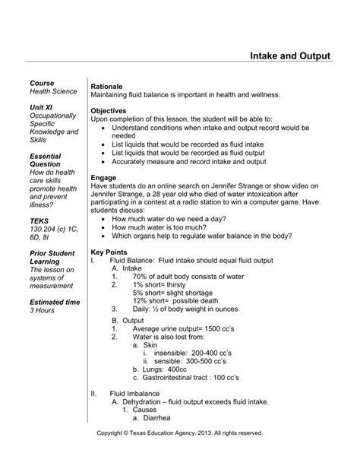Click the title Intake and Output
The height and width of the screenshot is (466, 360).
pyautogui.click(x=291, y=56)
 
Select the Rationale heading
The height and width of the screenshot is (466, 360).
pyautogui.click(x=107, y=87)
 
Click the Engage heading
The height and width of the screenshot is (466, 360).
pyautogui.click(x=103, y=177)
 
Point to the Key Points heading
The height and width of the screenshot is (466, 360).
pyautogui.click(x=110, y=251)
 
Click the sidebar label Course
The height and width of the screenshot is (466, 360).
pyautogui.click(x=42, y=82)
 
